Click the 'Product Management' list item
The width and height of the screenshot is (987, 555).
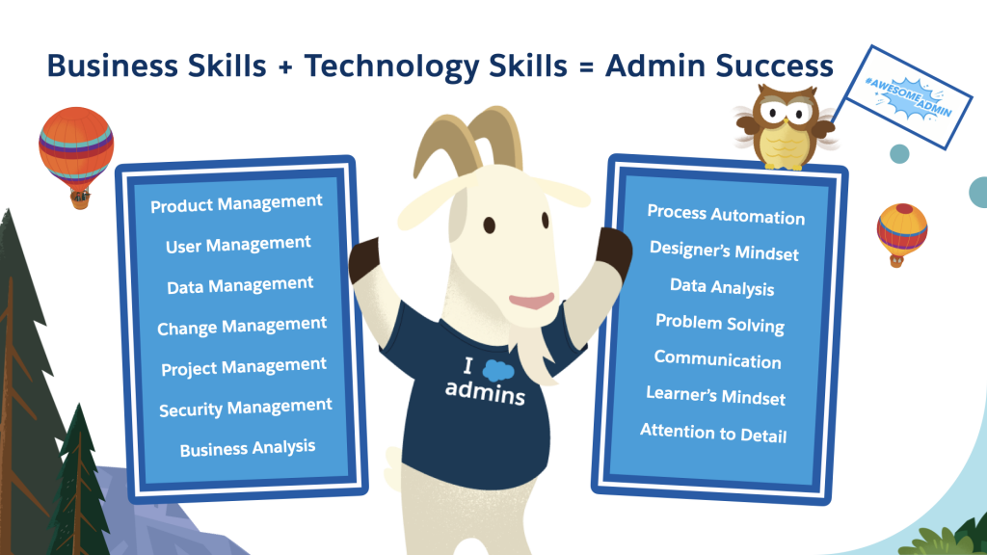[x=236, y=204]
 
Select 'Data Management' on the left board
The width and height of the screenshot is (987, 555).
[x=240, y=285]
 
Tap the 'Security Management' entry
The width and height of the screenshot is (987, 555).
[x=246, y=409]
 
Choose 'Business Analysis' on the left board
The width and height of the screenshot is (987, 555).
[x=248, y=448]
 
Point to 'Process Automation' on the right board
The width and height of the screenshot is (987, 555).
[x=726, y=214]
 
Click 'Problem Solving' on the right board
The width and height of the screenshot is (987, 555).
[x=720, y=323]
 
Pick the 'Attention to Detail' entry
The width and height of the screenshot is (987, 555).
[x=713, y=433]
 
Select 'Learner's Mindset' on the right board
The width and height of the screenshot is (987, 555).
[x=715, y=396]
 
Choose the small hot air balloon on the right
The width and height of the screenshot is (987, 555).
[x=901, y=232]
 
